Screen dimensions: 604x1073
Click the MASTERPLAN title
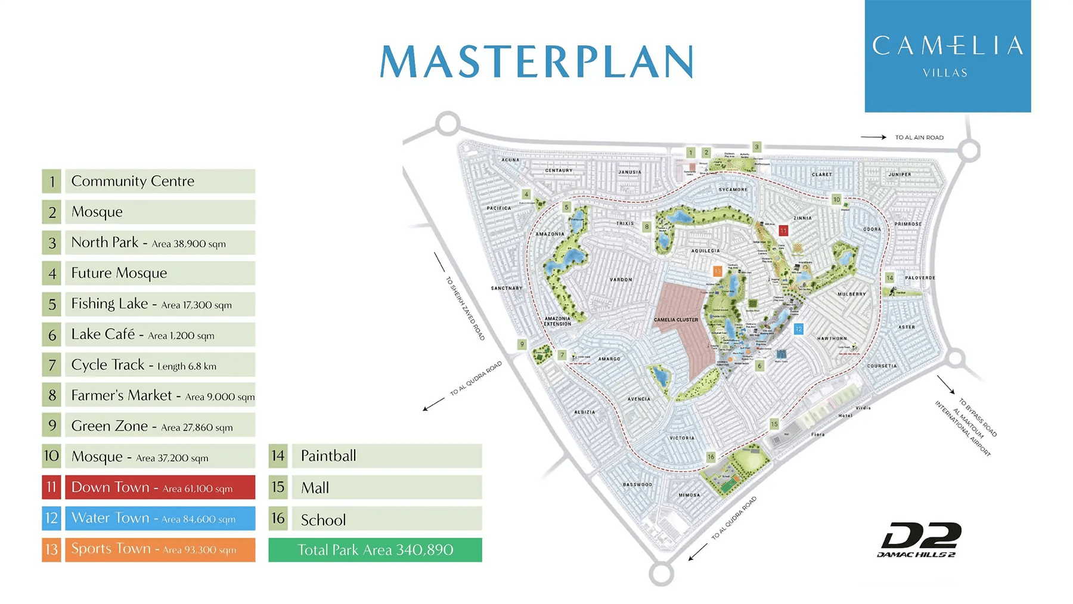click(536, 61)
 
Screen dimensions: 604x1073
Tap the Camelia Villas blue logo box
click(947, 57)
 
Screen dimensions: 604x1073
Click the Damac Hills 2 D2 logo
click(920, 540)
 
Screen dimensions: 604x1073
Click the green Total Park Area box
click(375, 550)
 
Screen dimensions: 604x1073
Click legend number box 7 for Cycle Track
click(52, 365)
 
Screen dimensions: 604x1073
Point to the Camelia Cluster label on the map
click(675, 320)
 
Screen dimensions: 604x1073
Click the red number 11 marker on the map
click(783, 230)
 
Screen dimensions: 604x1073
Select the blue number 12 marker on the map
click(798, 329)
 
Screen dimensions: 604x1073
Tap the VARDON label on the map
click(621, 280)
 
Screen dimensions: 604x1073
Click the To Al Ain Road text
click(919, 138)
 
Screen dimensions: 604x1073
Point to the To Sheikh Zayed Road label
click(466, 308)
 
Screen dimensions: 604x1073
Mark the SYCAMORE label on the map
click(733, 190)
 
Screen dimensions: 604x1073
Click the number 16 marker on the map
click(711, 457)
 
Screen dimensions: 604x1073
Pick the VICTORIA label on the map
click(681, 438)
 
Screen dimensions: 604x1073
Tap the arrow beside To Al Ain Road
click(873, 137)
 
